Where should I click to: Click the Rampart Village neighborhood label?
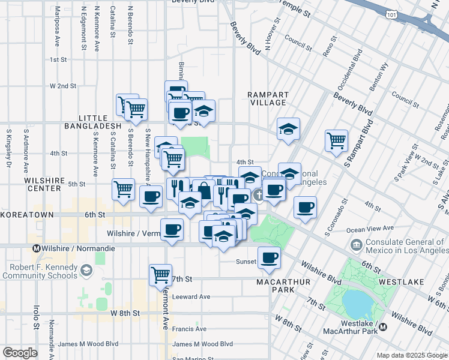coord(268,98)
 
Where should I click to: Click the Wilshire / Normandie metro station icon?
coord(36,248)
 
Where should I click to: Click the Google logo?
coord(20,353)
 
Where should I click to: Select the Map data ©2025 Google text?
coord(411,355)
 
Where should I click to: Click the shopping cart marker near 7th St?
coord(160,275)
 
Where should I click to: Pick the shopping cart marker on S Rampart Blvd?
coord(336,140)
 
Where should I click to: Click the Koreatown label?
coord(28,214)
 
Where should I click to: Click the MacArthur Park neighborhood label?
coord(275,286)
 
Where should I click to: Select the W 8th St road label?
coord(125,313)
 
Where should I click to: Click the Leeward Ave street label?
coord(191,296)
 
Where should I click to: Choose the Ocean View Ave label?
coord(370,229)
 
